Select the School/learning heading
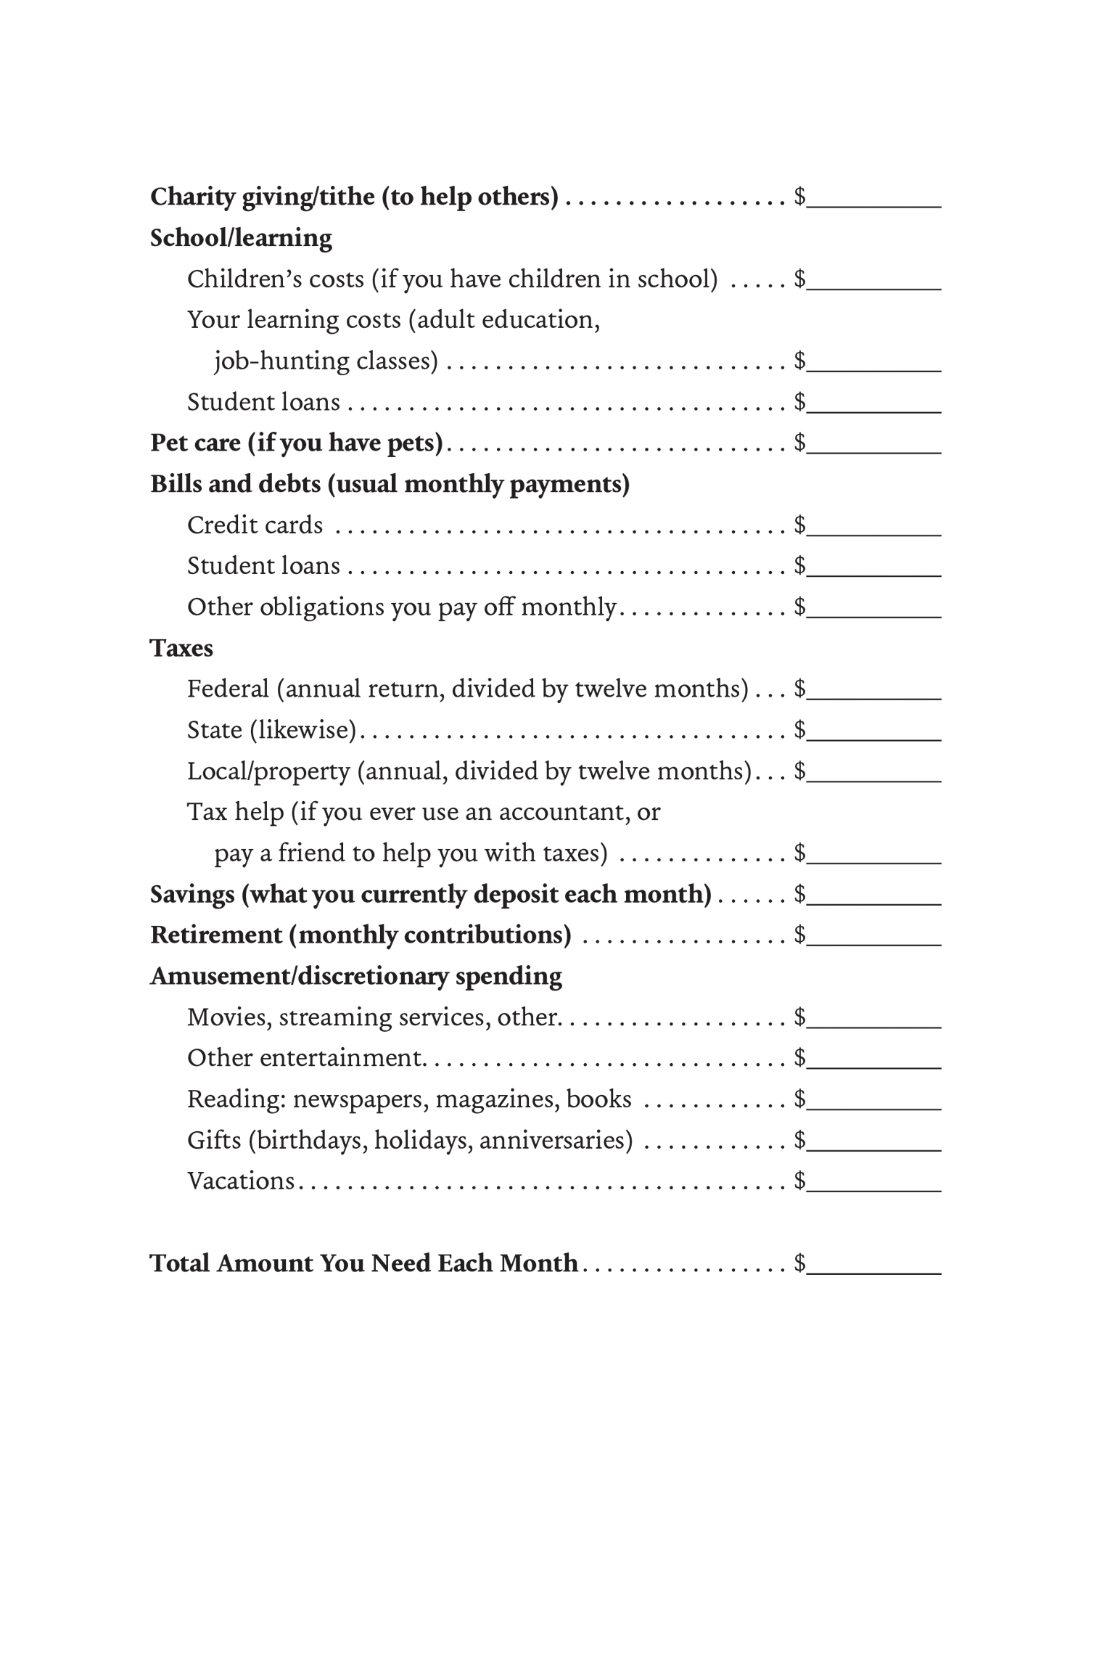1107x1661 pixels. pyautogui.click(x=241, y=238)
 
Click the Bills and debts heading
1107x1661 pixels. pyautogui.click(x=390, y=484)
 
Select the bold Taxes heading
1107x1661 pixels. pyautogui.click(x=181, y=648)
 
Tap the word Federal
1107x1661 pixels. pyautogui.click(x=228, y=689)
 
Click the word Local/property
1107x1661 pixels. pyautogui.click(x=268, y=771)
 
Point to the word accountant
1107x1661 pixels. pyautogui.click(x=564, y=812)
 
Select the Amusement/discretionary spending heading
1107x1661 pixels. pyautogui.click(x=355, y=977)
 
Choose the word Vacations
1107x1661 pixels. pyautogui.click(x=241, y=1181)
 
